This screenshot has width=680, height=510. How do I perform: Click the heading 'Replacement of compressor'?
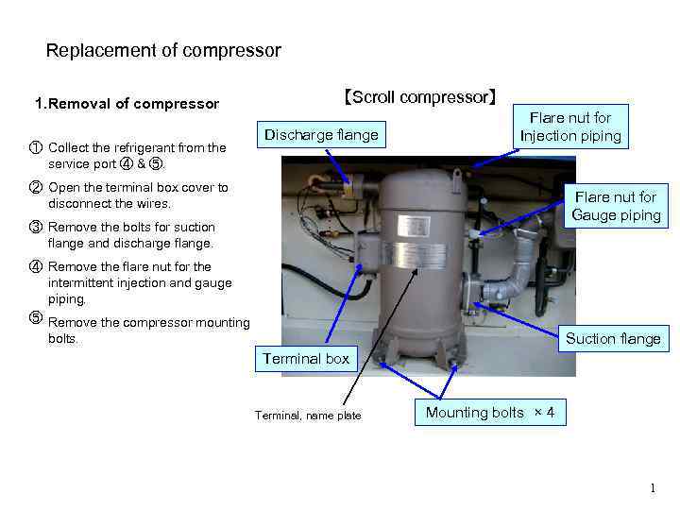pyautogui.click(x=163, y=50)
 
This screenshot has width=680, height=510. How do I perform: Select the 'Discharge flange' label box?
pyautogui.click(x=321, y=135)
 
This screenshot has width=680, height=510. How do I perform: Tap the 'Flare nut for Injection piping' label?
pyautogui.click(x=570, y=127)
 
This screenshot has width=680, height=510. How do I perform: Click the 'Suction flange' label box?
pyautogui.click(x=613, y=338)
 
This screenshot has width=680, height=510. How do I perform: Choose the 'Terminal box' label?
pyautogui.click(x=306, y=358)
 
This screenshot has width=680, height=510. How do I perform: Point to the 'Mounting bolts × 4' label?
pyautogui.click(x=490, y=413)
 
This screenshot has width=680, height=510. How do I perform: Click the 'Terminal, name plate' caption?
pyautogui.click(x=308, y=416)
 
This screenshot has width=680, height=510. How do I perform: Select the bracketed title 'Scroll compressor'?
pyautogui.click(x=419, y=97)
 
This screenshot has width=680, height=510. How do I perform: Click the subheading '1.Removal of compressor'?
pyautogui.click(x=127, y=104)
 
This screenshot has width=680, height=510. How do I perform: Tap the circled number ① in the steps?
pyautogui.click(x=35, y=147)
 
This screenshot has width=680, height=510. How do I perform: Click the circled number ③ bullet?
pyautogui.click(x=35, y=227)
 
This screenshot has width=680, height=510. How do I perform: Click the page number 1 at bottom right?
pyautogui.click(x=652, y=488)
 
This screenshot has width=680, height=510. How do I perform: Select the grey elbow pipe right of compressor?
pyautogui.click(x=518, y=280)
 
